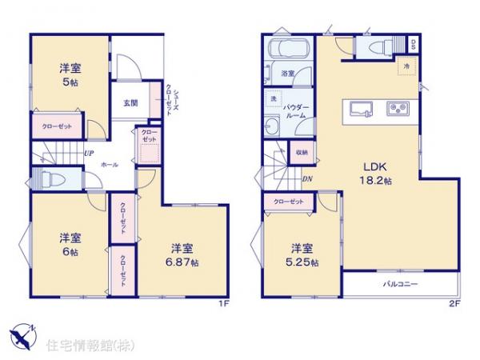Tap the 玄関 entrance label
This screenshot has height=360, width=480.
[x=130, y=102]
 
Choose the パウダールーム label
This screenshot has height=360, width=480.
[x=298, y=110]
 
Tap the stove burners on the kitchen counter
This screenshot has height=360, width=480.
[x=398, y=108]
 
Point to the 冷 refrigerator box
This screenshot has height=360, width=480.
[x=406, y=65]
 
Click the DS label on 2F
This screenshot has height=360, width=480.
[x=413, y=43]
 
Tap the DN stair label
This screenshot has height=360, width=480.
[x=308, y=178]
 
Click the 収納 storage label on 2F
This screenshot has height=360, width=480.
[x=302, y=152]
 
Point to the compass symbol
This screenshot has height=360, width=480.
[x=22, y=332]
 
